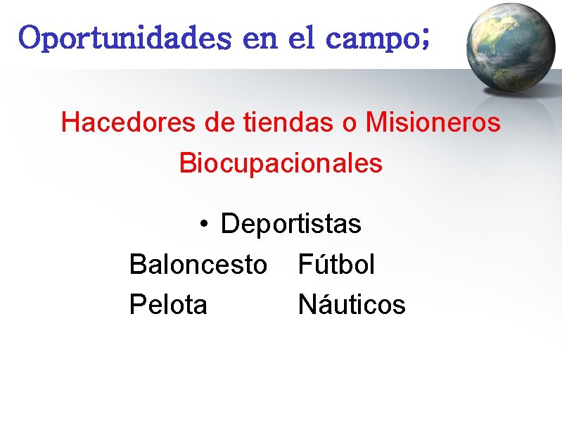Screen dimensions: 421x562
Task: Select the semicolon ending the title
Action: (423, 39)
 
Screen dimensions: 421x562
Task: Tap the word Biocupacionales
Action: (281, 163)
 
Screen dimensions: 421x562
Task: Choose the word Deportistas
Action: (290, 225)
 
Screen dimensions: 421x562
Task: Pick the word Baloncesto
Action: (198, 265)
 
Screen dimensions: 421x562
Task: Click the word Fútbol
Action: (336, 265)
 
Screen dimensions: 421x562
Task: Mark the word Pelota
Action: (169, 306)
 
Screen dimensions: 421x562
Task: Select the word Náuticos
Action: (352, 306)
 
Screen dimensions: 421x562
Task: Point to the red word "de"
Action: (220, 122)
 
